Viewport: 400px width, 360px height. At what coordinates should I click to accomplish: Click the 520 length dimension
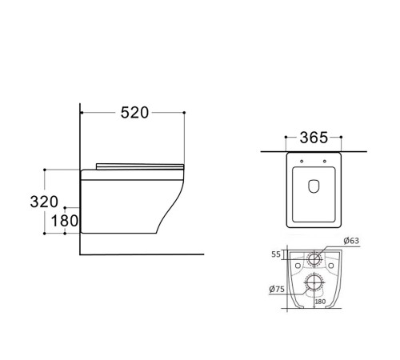point(134,113)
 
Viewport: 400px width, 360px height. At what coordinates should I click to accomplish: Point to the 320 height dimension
point(44,202)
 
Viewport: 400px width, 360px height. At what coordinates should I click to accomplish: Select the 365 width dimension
point(314,138)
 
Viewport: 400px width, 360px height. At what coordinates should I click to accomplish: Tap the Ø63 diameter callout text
point(351,241)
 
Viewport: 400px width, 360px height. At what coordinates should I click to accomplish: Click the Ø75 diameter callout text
point(277,289)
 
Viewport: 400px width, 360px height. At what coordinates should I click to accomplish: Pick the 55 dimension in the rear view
point(276,254)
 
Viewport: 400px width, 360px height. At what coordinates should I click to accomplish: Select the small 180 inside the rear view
point(320,302)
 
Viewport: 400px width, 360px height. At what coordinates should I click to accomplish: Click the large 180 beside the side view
point(65,221)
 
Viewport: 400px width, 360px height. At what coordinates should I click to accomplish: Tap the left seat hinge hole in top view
point(302,161)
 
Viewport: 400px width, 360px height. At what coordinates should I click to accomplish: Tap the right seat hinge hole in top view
point(325,161)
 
